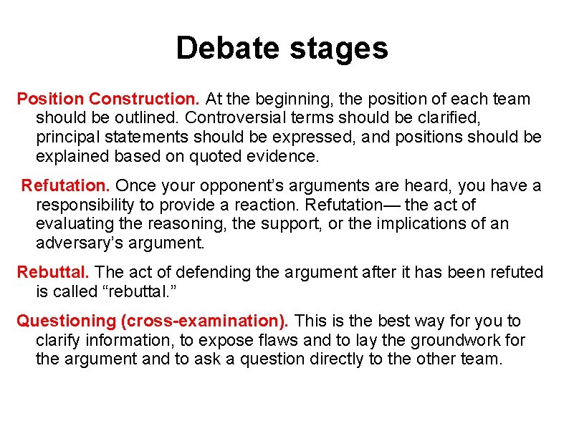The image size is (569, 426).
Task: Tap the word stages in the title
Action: pyautogui.click(x=337, y=49)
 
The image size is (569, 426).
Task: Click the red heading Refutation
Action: pyautogui.click(x=65, y=186)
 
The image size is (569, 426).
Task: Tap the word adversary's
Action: pyautogui.click(x=78, y=243)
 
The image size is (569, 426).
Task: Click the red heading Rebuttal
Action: pyautogui.click(x=54, y=273)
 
